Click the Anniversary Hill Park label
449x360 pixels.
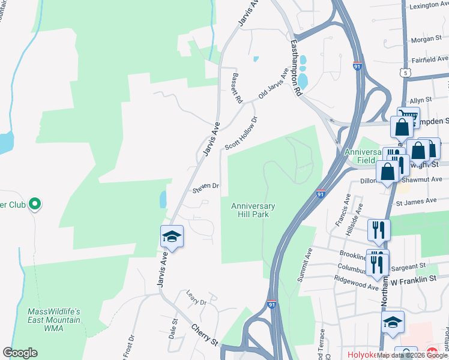coord(253,210)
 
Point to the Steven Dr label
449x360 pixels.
coord(205,187)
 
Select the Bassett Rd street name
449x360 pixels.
coord(236,88)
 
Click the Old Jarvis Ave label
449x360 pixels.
coord(274,84)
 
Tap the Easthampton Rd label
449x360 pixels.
coord(295,68)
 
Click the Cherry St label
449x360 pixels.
coord(205,335)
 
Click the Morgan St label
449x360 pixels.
coord(426,40)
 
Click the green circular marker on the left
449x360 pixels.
coord(35,205)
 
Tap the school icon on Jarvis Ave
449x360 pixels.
coord(172,237)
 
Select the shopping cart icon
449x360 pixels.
coord(408,116)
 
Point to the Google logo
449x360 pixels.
coord(20,353)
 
